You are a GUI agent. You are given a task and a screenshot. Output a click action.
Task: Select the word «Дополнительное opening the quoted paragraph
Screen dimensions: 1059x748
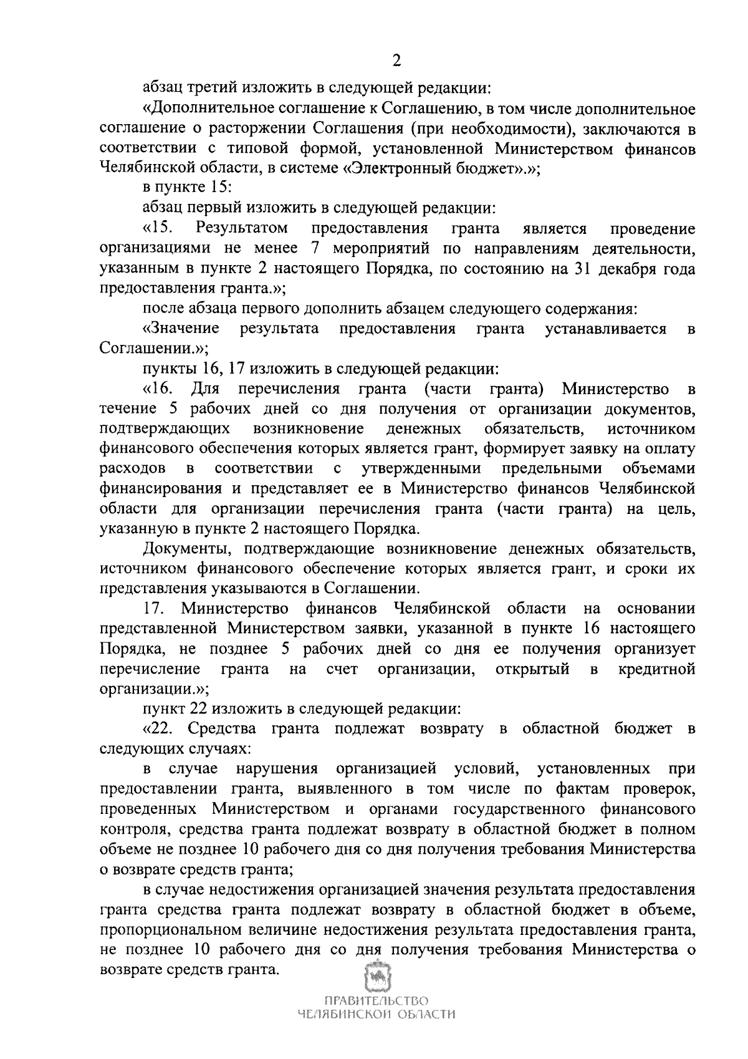pyautogui.click(x=206, y=109)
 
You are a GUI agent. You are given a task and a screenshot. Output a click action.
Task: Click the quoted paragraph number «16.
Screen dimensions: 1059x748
pyautogui.click(x=158, y=389)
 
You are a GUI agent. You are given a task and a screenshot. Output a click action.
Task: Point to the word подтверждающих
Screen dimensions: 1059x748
pyautogui.click(x=165, y=429)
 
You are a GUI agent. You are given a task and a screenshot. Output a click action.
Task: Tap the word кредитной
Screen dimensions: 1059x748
pyautogui.click(x=656, y=669)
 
